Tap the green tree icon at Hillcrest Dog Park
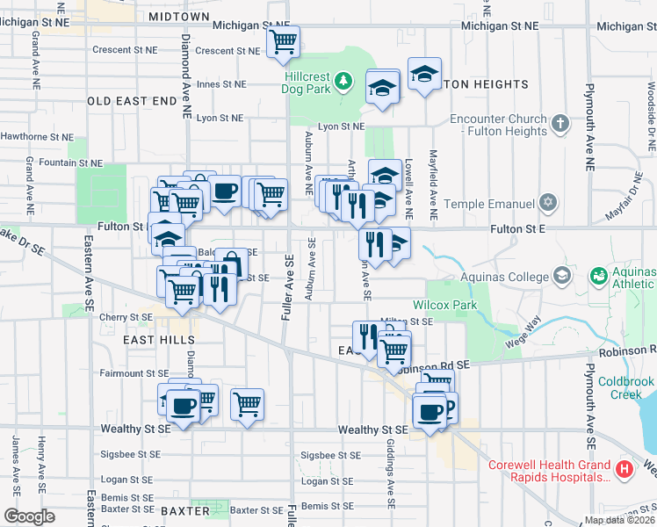345,82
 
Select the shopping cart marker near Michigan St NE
284,41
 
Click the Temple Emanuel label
489,204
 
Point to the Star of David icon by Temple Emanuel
549,204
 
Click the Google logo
28,516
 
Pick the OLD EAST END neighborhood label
132,101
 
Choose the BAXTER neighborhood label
185,510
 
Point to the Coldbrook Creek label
626,387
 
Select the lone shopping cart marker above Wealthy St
248,404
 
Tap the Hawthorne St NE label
37,136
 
